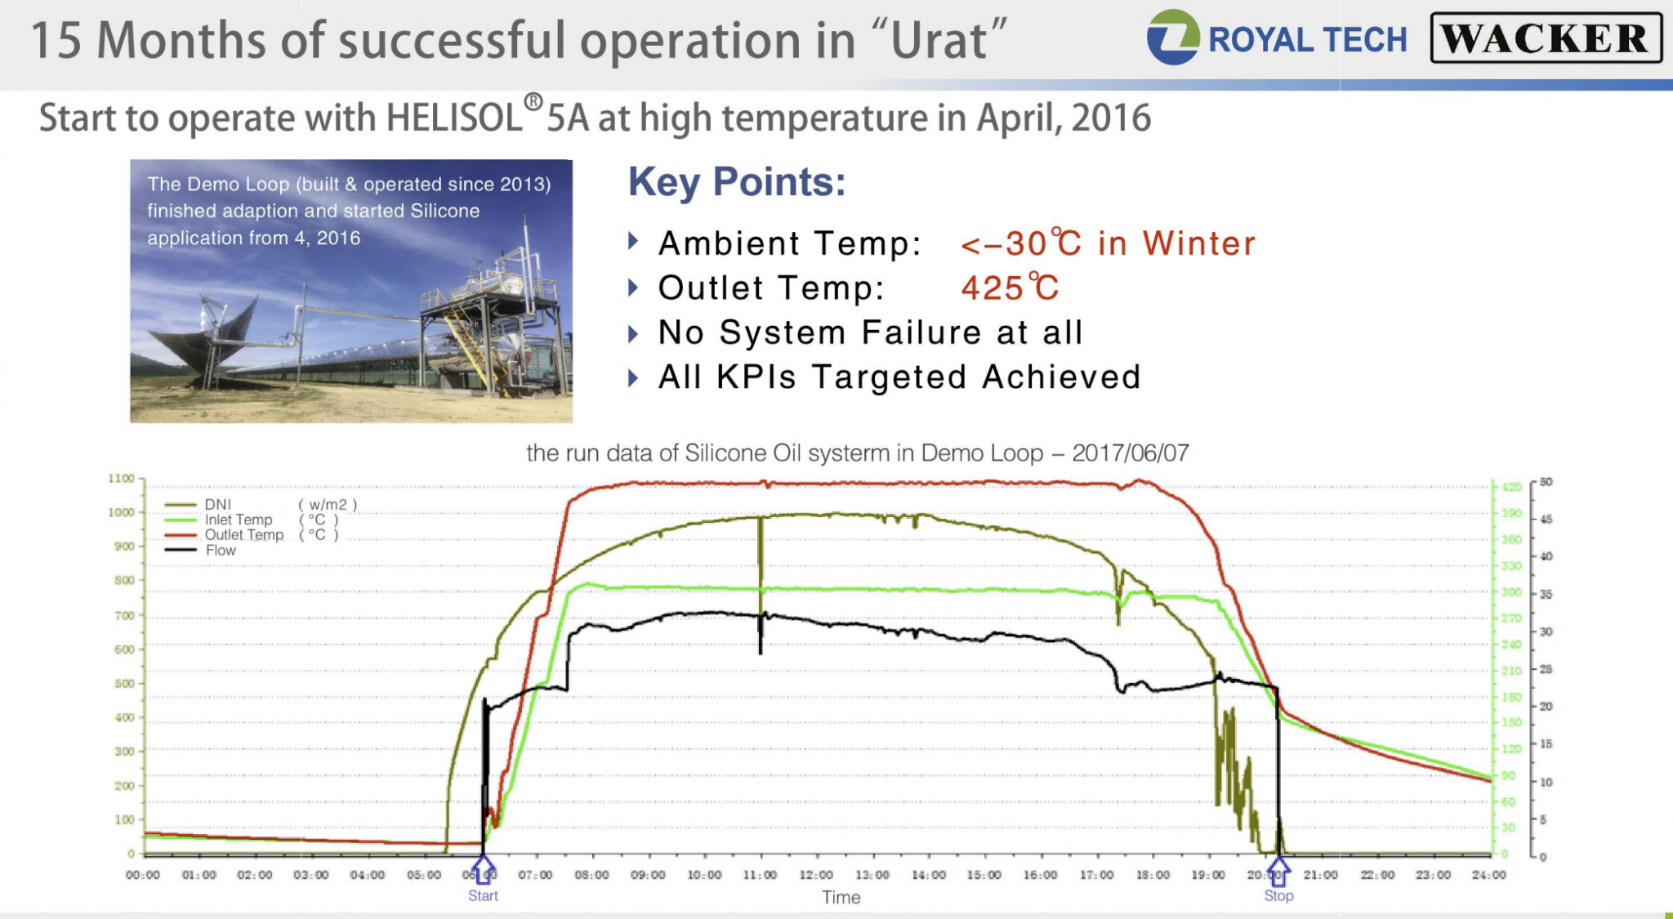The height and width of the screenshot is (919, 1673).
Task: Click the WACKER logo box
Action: (x=1546, y=38)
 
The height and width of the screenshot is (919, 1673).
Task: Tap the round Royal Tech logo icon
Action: (x=1172, y=38)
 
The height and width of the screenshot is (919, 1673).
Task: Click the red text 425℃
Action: (x=1010, y=288)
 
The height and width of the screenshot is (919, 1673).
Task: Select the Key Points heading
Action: (x=736, y=181)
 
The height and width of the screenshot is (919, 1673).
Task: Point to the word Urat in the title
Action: (x=939, y=41)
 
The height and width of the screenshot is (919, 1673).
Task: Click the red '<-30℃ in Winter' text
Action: (x=1108, y=243)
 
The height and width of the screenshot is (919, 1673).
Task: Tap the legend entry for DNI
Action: (x=217, y=505)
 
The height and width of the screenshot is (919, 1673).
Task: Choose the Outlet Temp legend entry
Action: (x=243, y=535)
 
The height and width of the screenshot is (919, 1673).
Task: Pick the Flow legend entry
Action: (x=220, y=551)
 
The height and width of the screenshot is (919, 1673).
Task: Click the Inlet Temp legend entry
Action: (x=237, y=520)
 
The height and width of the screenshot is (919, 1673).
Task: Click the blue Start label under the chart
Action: (x=483, y=895)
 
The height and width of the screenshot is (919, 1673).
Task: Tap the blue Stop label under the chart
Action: (x=1278, y=895)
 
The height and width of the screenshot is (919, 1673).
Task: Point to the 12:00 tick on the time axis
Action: (x=816, y=875)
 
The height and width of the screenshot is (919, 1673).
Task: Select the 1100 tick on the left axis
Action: (x=121, y=479)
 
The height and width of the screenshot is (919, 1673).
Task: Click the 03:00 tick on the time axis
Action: (x=310, y=875)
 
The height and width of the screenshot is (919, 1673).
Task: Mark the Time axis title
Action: (x=841, y=897)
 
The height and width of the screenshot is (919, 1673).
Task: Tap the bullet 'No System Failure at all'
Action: (x=870, y=332)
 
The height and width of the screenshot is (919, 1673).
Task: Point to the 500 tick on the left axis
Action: (x=123, y=684)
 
